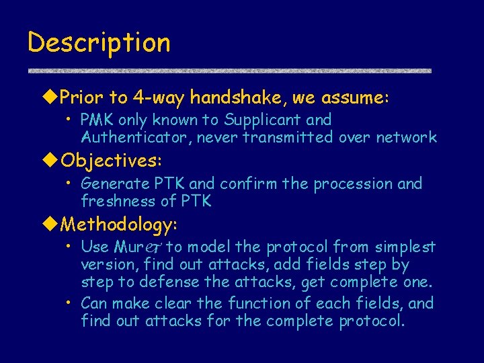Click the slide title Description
99,43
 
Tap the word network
406,138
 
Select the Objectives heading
111,161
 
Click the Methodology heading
118,223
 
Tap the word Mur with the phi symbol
137,247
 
